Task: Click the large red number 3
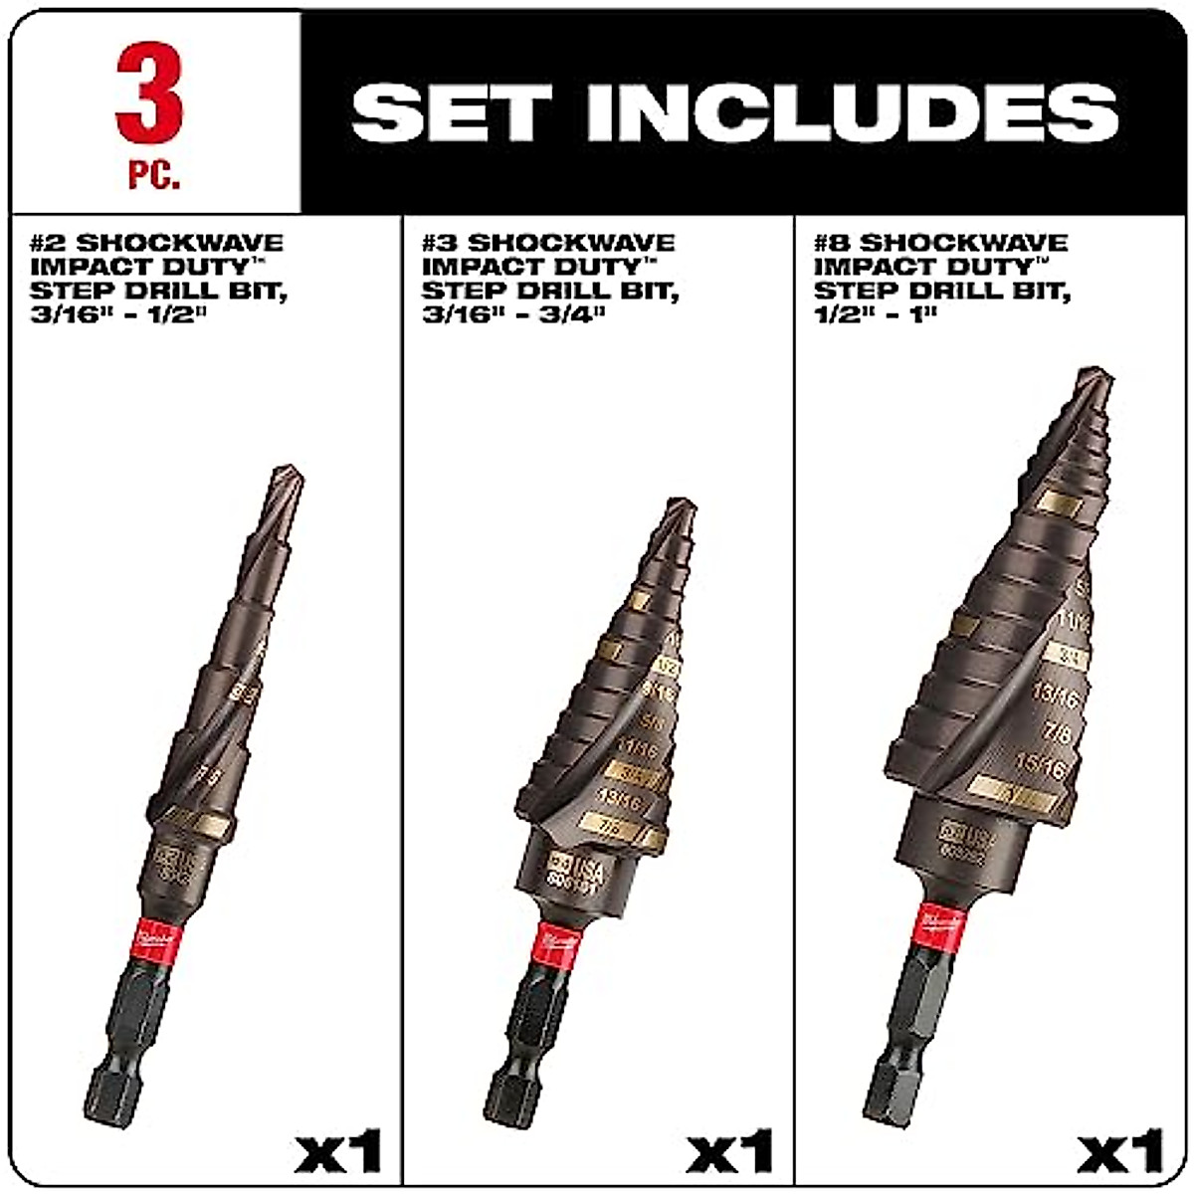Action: [150, 95]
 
